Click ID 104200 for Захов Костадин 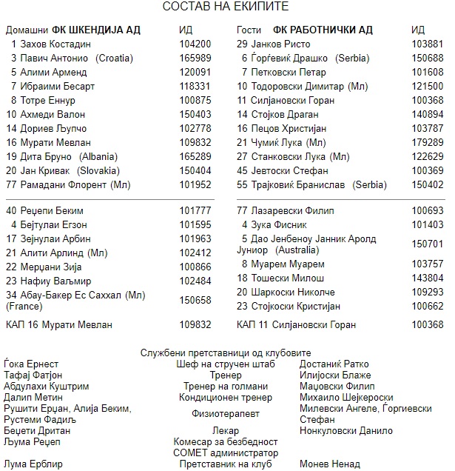pos(195,44)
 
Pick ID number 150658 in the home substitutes pos(195,300)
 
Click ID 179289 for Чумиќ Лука pos(427,142)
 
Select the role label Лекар pos(226,430)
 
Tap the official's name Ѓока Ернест pos(31,364)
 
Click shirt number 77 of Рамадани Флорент pos(11,184)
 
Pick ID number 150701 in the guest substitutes pos(427,244)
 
